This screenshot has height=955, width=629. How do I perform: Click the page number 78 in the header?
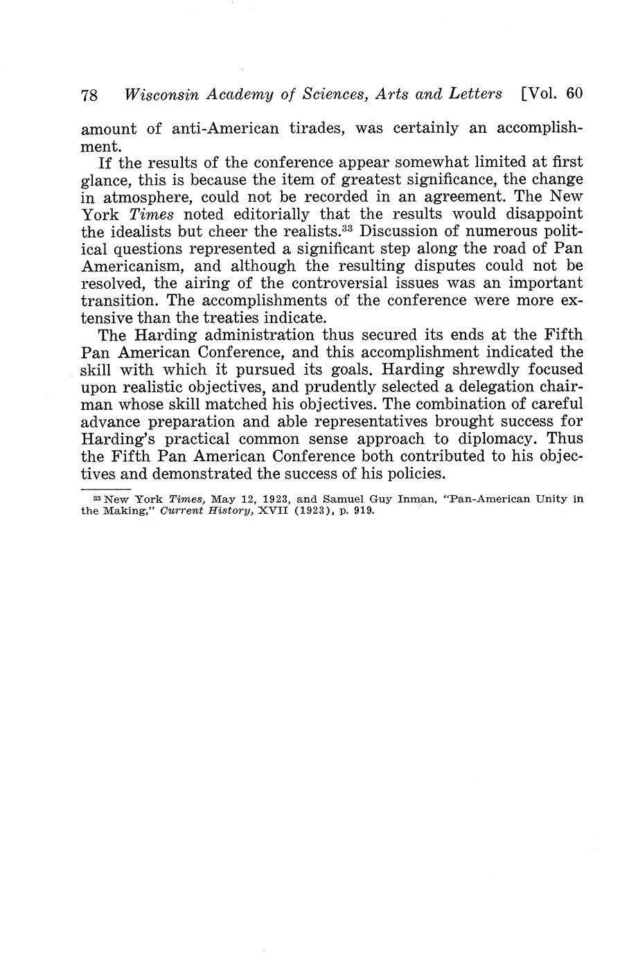(89, 95)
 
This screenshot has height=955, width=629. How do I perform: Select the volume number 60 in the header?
(574, 93)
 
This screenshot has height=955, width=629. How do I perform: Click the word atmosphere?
(152, 197)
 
